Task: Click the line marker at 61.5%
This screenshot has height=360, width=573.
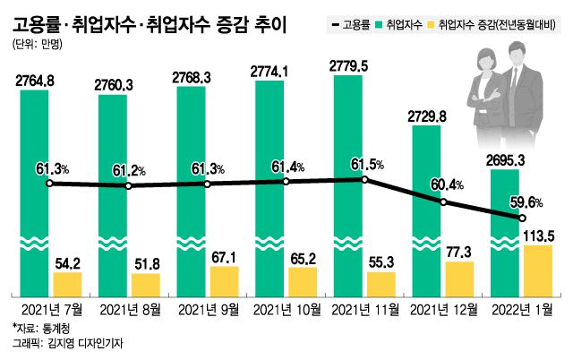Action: pyautogui.click(x=364, y=180)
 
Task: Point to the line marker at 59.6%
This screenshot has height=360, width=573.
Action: pyautogui.click(x=522, y=219)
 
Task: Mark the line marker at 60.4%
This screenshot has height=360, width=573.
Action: pyautogui.click(x=443, y=202)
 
